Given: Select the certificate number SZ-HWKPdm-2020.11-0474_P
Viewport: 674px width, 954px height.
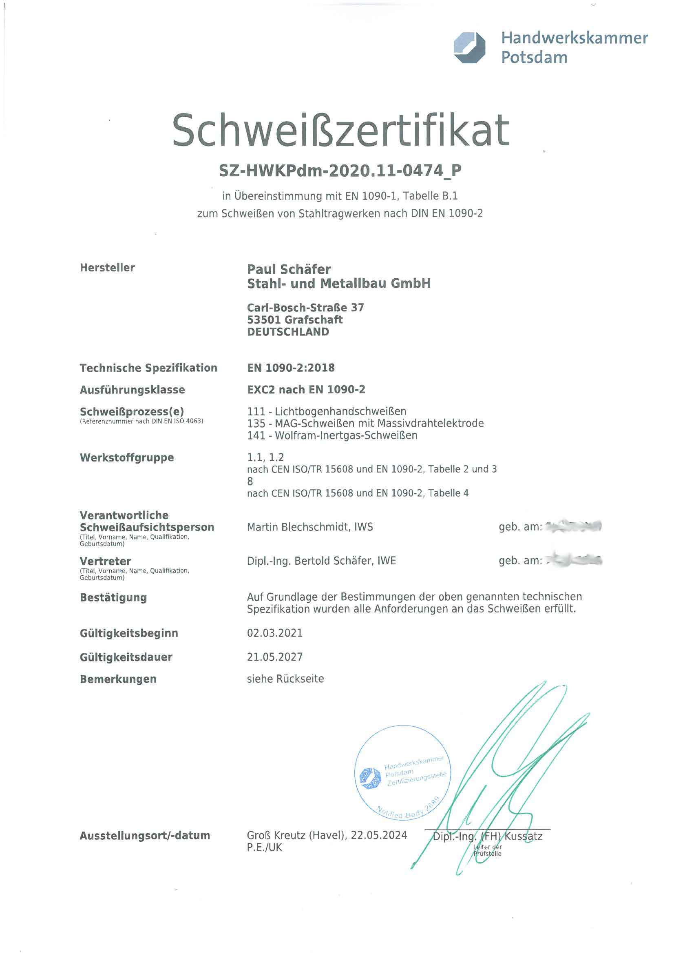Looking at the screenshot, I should [340, 171].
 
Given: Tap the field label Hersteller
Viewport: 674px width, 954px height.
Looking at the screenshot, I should [107, 268].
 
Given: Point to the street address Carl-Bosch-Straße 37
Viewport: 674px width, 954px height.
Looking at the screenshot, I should [305, 308].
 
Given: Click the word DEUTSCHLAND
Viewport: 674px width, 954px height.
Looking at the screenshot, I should [288, 332].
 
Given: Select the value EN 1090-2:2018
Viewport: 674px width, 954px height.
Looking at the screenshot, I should [291, 368].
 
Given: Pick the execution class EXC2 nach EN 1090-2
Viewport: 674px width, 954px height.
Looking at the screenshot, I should [306, 389].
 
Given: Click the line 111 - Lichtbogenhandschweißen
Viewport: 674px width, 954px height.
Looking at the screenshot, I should [327, 411].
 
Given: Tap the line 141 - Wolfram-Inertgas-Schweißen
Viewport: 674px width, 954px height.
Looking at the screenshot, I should [332, 435].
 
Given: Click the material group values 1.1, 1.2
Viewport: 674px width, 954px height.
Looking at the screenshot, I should [265, 457].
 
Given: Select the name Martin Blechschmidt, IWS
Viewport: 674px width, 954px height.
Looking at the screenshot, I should [310, 527].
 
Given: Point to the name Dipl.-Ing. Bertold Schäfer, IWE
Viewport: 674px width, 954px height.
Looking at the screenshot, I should [321, 561].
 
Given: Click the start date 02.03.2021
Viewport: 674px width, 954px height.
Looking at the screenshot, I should [275, 633].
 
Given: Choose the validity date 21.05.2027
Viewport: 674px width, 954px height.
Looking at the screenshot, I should [275, 657].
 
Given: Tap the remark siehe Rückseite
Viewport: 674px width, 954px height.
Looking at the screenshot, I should [285, 679].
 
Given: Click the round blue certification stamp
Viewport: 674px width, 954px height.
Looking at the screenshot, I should [402, 774].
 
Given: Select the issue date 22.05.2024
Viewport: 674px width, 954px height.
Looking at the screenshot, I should [379, 835].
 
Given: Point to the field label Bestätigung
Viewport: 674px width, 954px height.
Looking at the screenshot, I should [113, 597].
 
